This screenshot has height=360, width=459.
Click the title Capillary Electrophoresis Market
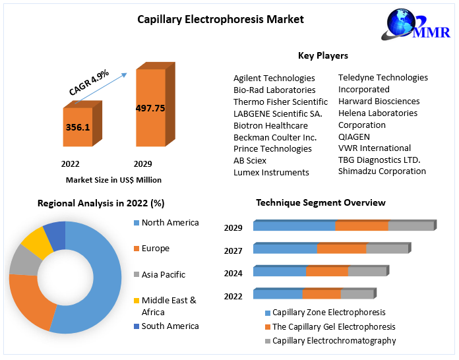(x=220, y=19)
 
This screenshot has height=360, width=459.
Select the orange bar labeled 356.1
(x=78, y=127)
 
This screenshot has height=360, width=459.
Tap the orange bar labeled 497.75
(x=150, y=108)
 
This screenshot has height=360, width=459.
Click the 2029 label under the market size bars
(x=143, y=164)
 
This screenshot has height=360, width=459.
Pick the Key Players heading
(x=323, y=55)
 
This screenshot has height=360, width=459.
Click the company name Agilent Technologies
(x=274, y=78)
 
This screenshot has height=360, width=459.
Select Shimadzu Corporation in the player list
(x=382, y=171)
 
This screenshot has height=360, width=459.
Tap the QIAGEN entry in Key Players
(x=354, y=136)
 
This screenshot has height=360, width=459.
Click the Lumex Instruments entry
(x=271, y=172)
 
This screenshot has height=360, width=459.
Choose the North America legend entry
(x=169, y=222)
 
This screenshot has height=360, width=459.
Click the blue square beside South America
(x=136, y=326)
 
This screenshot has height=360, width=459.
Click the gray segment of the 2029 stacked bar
(x=411, y=226)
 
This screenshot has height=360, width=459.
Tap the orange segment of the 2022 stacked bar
(x=321, y=294)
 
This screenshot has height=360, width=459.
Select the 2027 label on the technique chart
(x=233, y=251)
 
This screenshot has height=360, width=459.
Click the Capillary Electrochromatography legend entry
(x=334, y=341)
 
